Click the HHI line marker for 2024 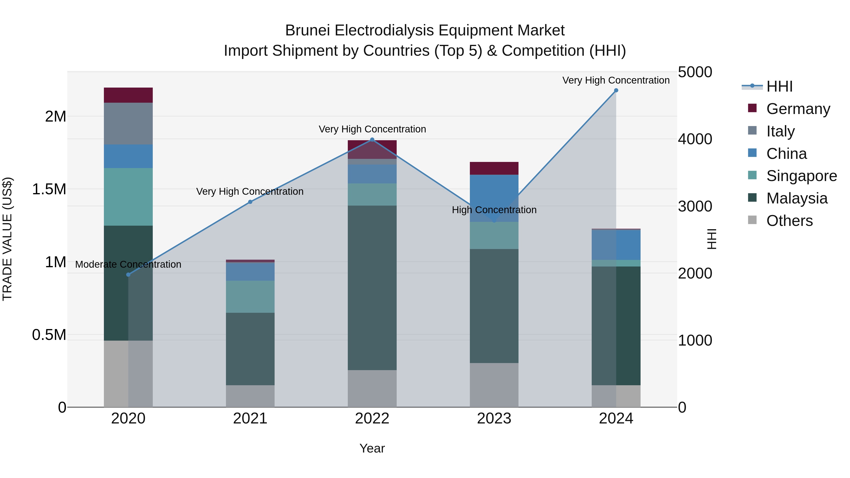click(616, 90)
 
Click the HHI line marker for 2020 click(128, 275)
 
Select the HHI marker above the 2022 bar click(372, 140)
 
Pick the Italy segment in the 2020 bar click(128, 123)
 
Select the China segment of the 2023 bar click(494, 198)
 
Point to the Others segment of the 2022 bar click(372, 388)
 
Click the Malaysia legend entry click(797, 198)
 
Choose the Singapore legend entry click(801, 176)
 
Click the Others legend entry click(789, 221)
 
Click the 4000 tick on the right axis click(695, 139)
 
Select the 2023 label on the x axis click(494, 419)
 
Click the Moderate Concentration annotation click(128, 264)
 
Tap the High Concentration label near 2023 click(494, 210)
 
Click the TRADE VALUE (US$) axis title click(7, 239)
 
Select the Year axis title click(372, 448)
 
